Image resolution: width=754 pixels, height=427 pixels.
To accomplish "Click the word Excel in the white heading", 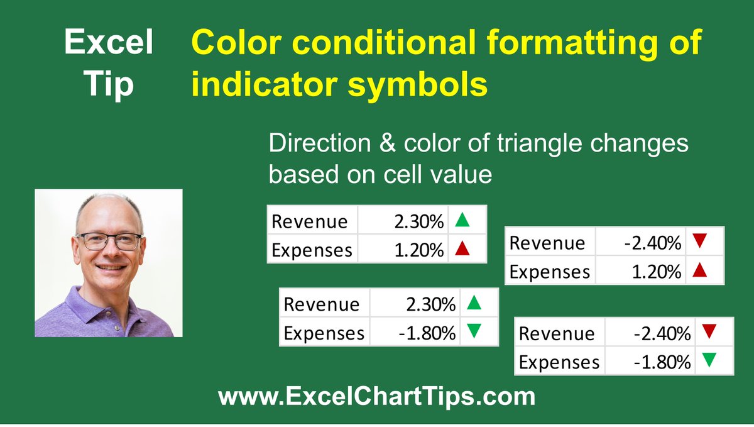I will tap(109, 43).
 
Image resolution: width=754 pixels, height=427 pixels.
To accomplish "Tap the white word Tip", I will tap(109, 83).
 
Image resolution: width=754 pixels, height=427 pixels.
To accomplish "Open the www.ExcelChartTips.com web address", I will tap(376, 396).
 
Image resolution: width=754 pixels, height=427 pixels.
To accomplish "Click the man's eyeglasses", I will tap(109, 241).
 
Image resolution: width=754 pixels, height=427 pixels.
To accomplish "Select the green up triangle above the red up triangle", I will tap(462, 220).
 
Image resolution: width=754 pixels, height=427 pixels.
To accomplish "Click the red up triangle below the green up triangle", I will tap(462, 249).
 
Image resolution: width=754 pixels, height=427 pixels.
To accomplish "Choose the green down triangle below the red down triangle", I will tap(709, 361).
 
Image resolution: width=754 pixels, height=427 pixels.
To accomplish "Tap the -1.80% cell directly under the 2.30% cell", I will tap(427, 333).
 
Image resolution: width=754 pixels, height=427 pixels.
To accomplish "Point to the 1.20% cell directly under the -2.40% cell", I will tap(657, 272).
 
